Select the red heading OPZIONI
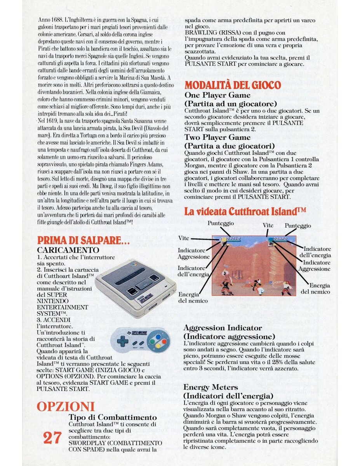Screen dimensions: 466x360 66,407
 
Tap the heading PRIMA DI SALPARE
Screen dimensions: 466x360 83,240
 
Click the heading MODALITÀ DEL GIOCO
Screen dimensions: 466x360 232,85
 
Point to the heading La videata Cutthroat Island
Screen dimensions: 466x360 245,212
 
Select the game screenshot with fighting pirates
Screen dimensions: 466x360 254,266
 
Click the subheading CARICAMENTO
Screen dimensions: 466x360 68,250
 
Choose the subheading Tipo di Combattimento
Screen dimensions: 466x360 113,417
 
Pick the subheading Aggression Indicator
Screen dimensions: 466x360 223,328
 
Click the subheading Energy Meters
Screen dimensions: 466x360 210,388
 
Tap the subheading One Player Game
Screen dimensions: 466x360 217,95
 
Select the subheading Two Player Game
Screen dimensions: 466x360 217,137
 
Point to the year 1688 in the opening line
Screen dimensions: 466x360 58,20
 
